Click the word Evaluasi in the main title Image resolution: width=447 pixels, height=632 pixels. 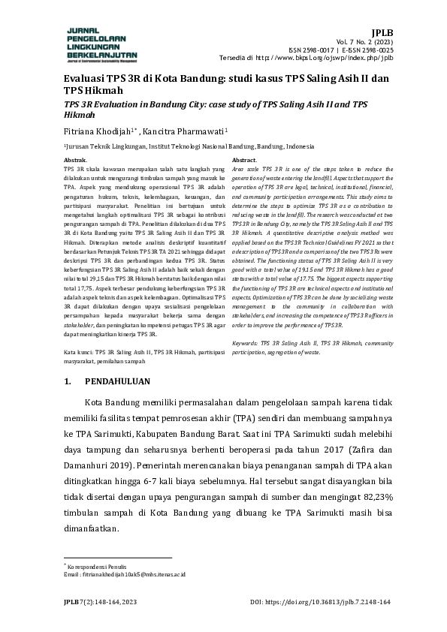pyautogui.click(x=83, y=78)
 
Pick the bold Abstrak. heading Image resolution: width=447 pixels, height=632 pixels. pyautogui.click(x=76, y=161)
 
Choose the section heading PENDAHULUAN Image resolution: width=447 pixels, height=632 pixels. pyautogui.click(x=117, y=381)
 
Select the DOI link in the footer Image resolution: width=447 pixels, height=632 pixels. pyautogui.click(x=331, y=602)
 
